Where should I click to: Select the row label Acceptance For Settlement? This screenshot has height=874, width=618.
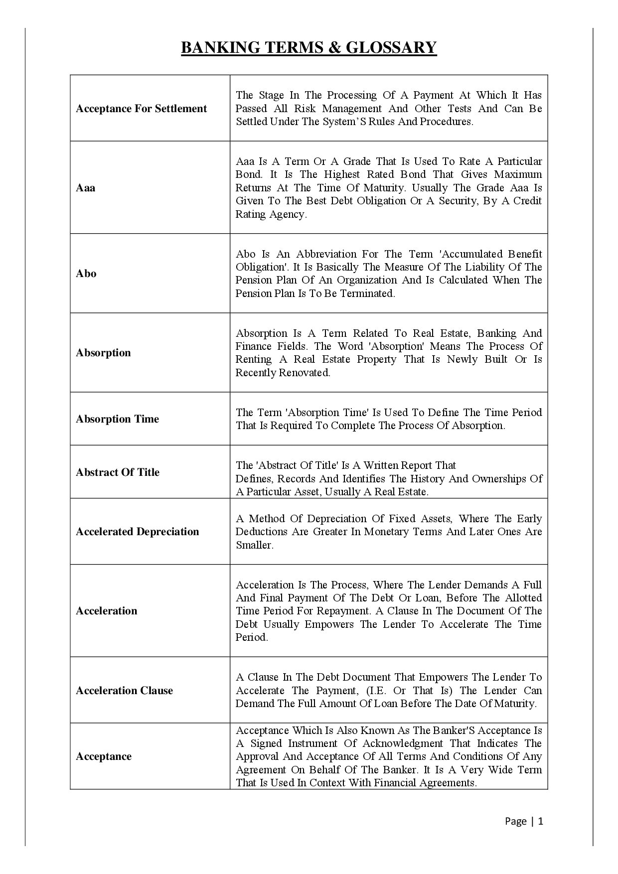tap(141, 109)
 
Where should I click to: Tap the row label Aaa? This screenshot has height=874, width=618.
tap(85, 188)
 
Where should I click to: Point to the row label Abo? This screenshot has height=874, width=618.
tap(86, 274)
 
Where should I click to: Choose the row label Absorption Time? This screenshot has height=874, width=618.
tap(117, 419)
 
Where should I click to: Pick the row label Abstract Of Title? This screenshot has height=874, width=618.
tap(118, 472)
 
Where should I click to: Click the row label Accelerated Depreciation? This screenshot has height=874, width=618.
tap(137, 532)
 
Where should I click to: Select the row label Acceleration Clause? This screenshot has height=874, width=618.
tap(124, 691)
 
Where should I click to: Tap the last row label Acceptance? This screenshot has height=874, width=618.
tap(104, 756)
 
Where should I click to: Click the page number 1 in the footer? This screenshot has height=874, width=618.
tap(541, 821)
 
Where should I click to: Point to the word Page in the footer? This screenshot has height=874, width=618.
tap(515, 821)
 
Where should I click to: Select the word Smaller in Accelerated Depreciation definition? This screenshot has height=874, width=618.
tap(254, 545)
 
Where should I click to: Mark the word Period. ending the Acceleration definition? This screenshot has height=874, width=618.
tap(252, 637)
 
